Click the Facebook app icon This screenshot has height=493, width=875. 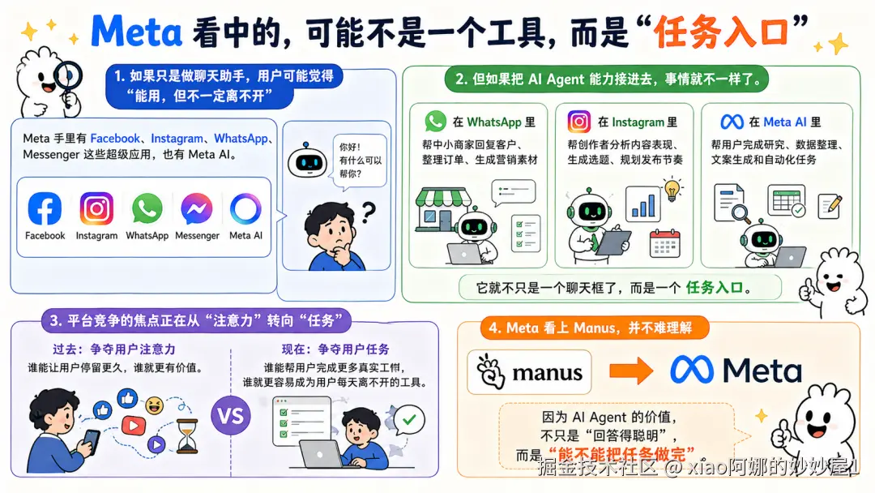pos(45,209)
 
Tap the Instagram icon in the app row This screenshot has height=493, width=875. pos(96,209)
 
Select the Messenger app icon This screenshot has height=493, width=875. pos(197,209)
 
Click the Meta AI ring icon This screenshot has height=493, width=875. pos(245,209)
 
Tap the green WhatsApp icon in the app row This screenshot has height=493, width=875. pos(147,209)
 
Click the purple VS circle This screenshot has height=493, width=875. pos(231,417)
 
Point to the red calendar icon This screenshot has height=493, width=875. pos(665,242)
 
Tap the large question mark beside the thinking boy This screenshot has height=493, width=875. pos(368,213)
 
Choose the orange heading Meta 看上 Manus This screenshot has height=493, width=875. pos(595,328)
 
